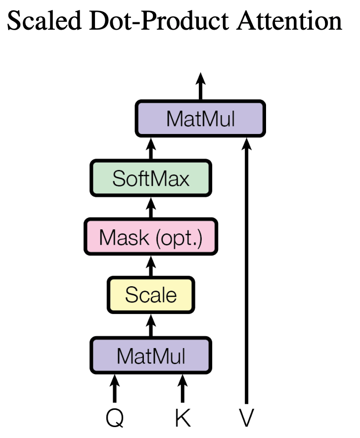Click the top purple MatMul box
tap(200, 119)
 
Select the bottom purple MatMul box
tap(151, 355)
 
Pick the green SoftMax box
tap(151, 178)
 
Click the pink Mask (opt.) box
tap(151, 237)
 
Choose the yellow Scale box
tap(151, 295)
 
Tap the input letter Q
tap(115, 418)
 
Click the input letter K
tap(183, 418)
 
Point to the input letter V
tap(246, 418)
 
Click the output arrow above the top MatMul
tap(200, 87)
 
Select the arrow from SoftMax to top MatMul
tap(151, 148)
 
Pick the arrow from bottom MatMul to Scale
tap(151, 325)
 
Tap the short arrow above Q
tap(115, 388)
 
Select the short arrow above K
tap(183, 388)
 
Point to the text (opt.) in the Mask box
tap(179, 238)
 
